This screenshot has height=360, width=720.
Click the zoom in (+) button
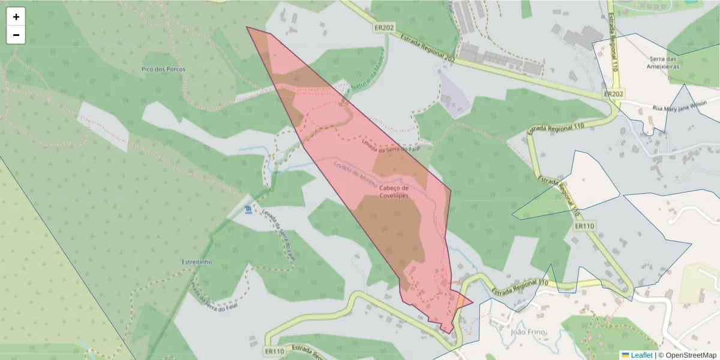pyautogui.click(x=16, y=17)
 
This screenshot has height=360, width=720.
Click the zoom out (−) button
pyautogui.click(x=16, y=35)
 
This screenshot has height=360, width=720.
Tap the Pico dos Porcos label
pyautogui.click(x=164, y=69)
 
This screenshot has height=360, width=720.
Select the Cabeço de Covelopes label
pyautogui.click(x=394, y=192)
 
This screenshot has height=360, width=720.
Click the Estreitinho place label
pyautogui.click(x=196, y=262)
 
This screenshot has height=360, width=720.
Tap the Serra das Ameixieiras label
pyautogui.click(x=664, y=63)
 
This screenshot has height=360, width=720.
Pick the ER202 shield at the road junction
pyautogui.click(x=614, y=94)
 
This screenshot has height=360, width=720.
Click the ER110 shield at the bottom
pyautogui.click(x=275, y=351)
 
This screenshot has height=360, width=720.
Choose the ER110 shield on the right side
pyautogui.click(x=584, y=226)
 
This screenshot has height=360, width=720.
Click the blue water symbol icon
pyautogui.click(x=248, y=209)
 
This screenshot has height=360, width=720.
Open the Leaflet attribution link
pyautogui.click(x=641, y=355)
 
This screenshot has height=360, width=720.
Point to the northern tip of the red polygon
pyautogui.click(x=247, y=27)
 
